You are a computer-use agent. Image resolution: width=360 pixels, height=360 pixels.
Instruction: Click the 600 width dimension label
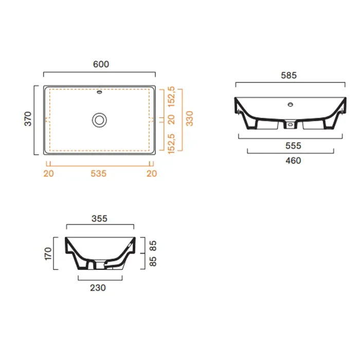pyautogui.click(x=101, y=64)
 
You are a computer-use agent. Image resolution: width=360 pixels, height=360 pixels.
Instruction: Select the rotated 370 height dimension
pyautogui.click(x=28, y=119)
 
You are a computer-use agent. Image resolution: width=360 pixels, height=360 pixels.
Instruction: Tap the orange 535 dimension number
pyautogui.click(x=99, y=174)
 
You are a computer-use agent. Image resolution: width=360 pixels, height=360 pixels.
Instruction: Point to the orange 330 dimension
pyautogui.click(x=190, y=118)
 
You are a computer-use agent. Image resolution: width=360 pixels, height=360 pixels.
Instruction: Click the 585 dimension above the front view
pyautogui.click(x=289, y=75)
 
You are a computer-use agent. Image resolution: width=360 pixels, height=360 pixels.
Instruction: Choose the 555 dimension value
pyautogui.click(x=293, y=146)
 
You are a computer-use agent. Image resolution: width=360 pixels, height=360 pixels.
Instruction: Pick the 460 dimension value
pyautogui.click(x=293, y=160)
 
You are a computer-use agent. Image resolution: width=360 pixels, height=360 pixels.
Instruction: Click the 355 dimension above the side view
pyautogui.click(x=99, y=219)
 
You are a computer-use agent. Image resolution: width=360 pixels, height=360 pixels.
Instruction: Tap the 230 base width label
pyautogui.click(x=98, y=287)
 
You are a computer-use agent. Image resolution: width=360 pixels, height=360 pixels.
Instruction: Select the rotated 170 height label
pyautogui.click(x=48, y=254)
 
